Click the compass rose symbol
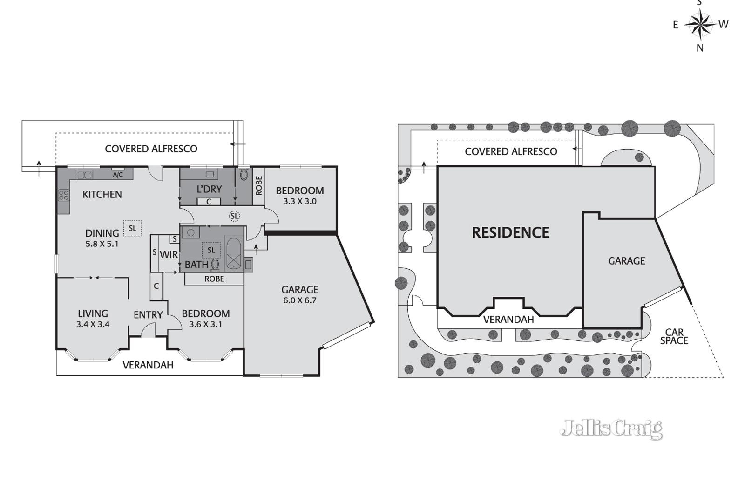point(700,24)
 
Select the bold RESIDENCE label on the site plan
point(510,232)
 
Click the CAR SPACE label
point(674,336)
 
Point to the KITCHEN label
point(102,194)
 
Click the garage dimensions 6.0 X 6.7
point(300,300)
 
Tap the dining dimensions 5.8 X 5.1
point(102,244)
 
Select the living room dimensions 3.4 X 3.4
point(93,324)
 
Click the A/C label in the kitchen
point(118,175)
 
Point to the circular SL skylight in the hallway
point(235,216)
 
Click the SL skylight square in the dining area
point(132,229)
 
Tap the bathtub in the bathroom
point(234,253)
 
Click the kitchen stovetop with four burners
point(64,195)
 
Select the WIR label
point(169,255)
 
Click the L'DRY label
point(209,189)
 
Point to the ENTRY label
point(148,315)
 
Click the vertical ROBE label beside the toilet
point(259,186)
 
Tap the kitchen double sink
point(84,175)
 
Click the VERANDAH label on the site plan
point(508,320)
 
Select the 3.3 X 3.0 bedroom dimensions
point(300,201)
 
